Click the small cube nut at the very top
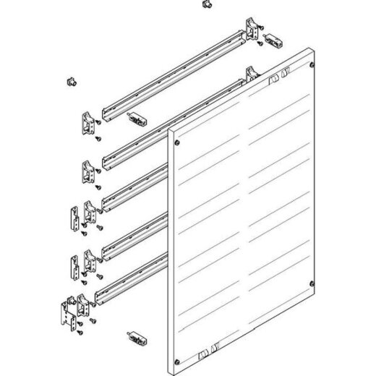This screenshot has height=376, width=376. tap(207, 6)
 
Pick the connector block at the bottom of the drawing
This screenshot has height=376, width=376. tap(138, 337)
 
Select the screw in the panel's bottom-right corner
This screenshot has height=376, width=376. tap(311, 283)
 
